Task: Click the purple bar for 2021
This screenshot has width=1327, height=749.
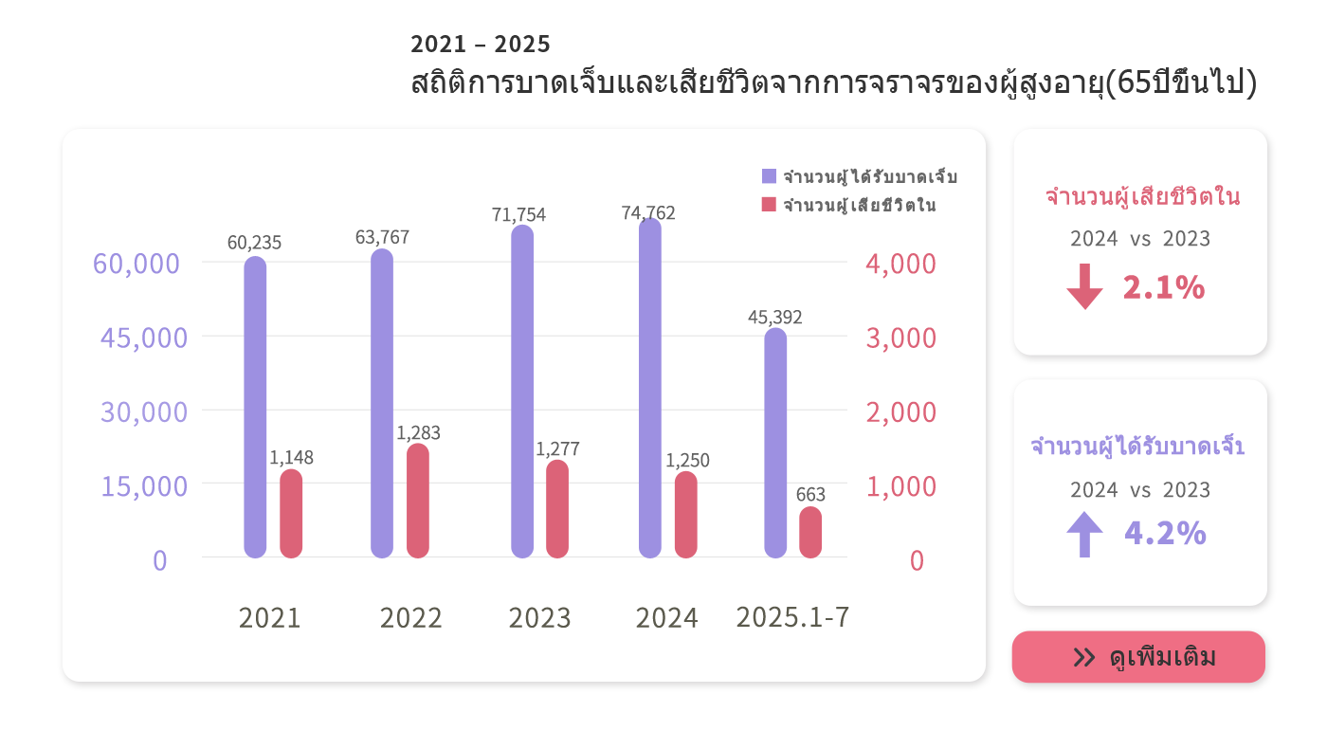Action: (255, 408)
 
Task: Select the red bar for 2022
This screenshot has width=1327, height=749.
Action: (418, 501)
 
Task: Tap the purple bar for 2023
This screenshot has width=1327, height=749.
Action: (522, 391)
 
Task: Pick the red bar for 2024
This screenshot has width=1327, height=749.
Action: (686, 514)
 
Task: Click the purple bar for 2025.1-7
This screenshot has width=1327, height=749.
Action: (775, 443)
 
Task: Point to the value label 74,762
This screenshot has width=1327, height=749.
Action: (648, 213)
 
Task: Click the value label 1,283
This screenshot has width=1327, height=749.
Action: (418, 433)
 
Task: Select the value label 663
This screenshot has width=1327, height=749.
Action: (810, 494)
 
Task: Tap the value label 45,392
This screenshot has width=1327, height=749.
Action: (774, 317)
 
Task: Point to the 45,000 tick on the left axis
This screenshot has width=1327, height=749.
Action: (144, 338)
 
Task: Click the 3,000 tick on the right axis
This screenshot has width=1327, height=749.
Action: (900, 338)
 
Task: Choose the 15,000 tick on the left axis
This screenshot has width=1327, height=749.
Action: (144, 486)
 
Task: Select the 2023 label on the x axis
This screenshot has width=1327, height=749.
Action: (539, 618)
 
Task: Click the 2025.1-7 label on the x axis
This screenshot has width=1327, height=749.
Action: (792, 617)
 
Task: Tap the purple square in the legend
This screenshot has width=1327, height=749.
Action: (769, 176)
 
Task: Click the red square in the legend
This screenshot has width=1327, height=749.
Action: (769, 205)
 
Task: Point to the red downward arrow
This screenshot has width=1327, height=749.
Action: (1084, 287)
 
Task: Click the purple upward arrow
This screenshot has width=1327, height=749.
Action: (1084, 534)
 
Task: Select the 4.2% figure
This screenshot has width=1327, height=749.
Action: (1165, 534)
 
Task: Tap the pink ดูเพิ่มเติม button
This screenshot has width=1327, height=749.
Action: (1138, 657)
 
